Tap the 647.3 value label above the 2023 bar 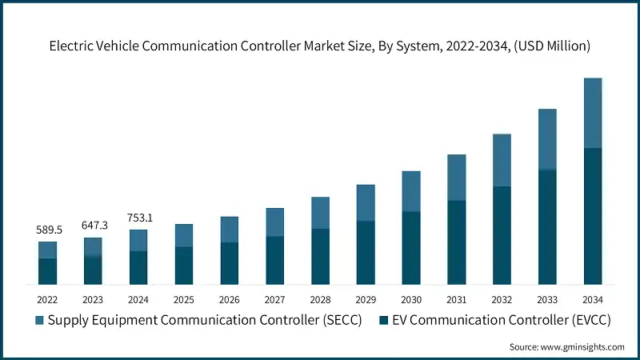[x=93, y=226]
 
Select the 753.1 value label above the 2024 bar [x=138, y=218]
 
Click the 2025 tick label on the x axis [x=184, y=299]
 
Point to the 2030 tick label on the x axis [x=411, y=299]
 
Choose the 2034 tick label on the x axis [x=593, y=299]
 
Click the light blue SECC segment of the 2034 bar [x=593, y=113]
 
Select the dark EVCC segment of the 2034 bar [x=593, y=216]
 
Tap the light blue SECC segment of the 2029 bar [x=366, y=202]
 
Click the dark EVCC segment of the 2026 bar [x=230, y=263]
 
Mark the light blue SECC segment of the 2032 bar [x=502, y=160]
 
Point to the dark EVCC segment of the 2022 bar [x=47, y=271]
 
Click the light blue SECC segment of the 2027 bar [x=275, y=222]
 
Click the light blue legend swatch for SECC [x=40, y=321]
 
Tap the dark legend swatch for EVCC [x=384, y=321]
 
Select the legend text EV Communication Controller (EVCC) [x=497, y=321]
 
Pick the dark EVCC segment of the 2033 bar [x=547, y=227]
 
